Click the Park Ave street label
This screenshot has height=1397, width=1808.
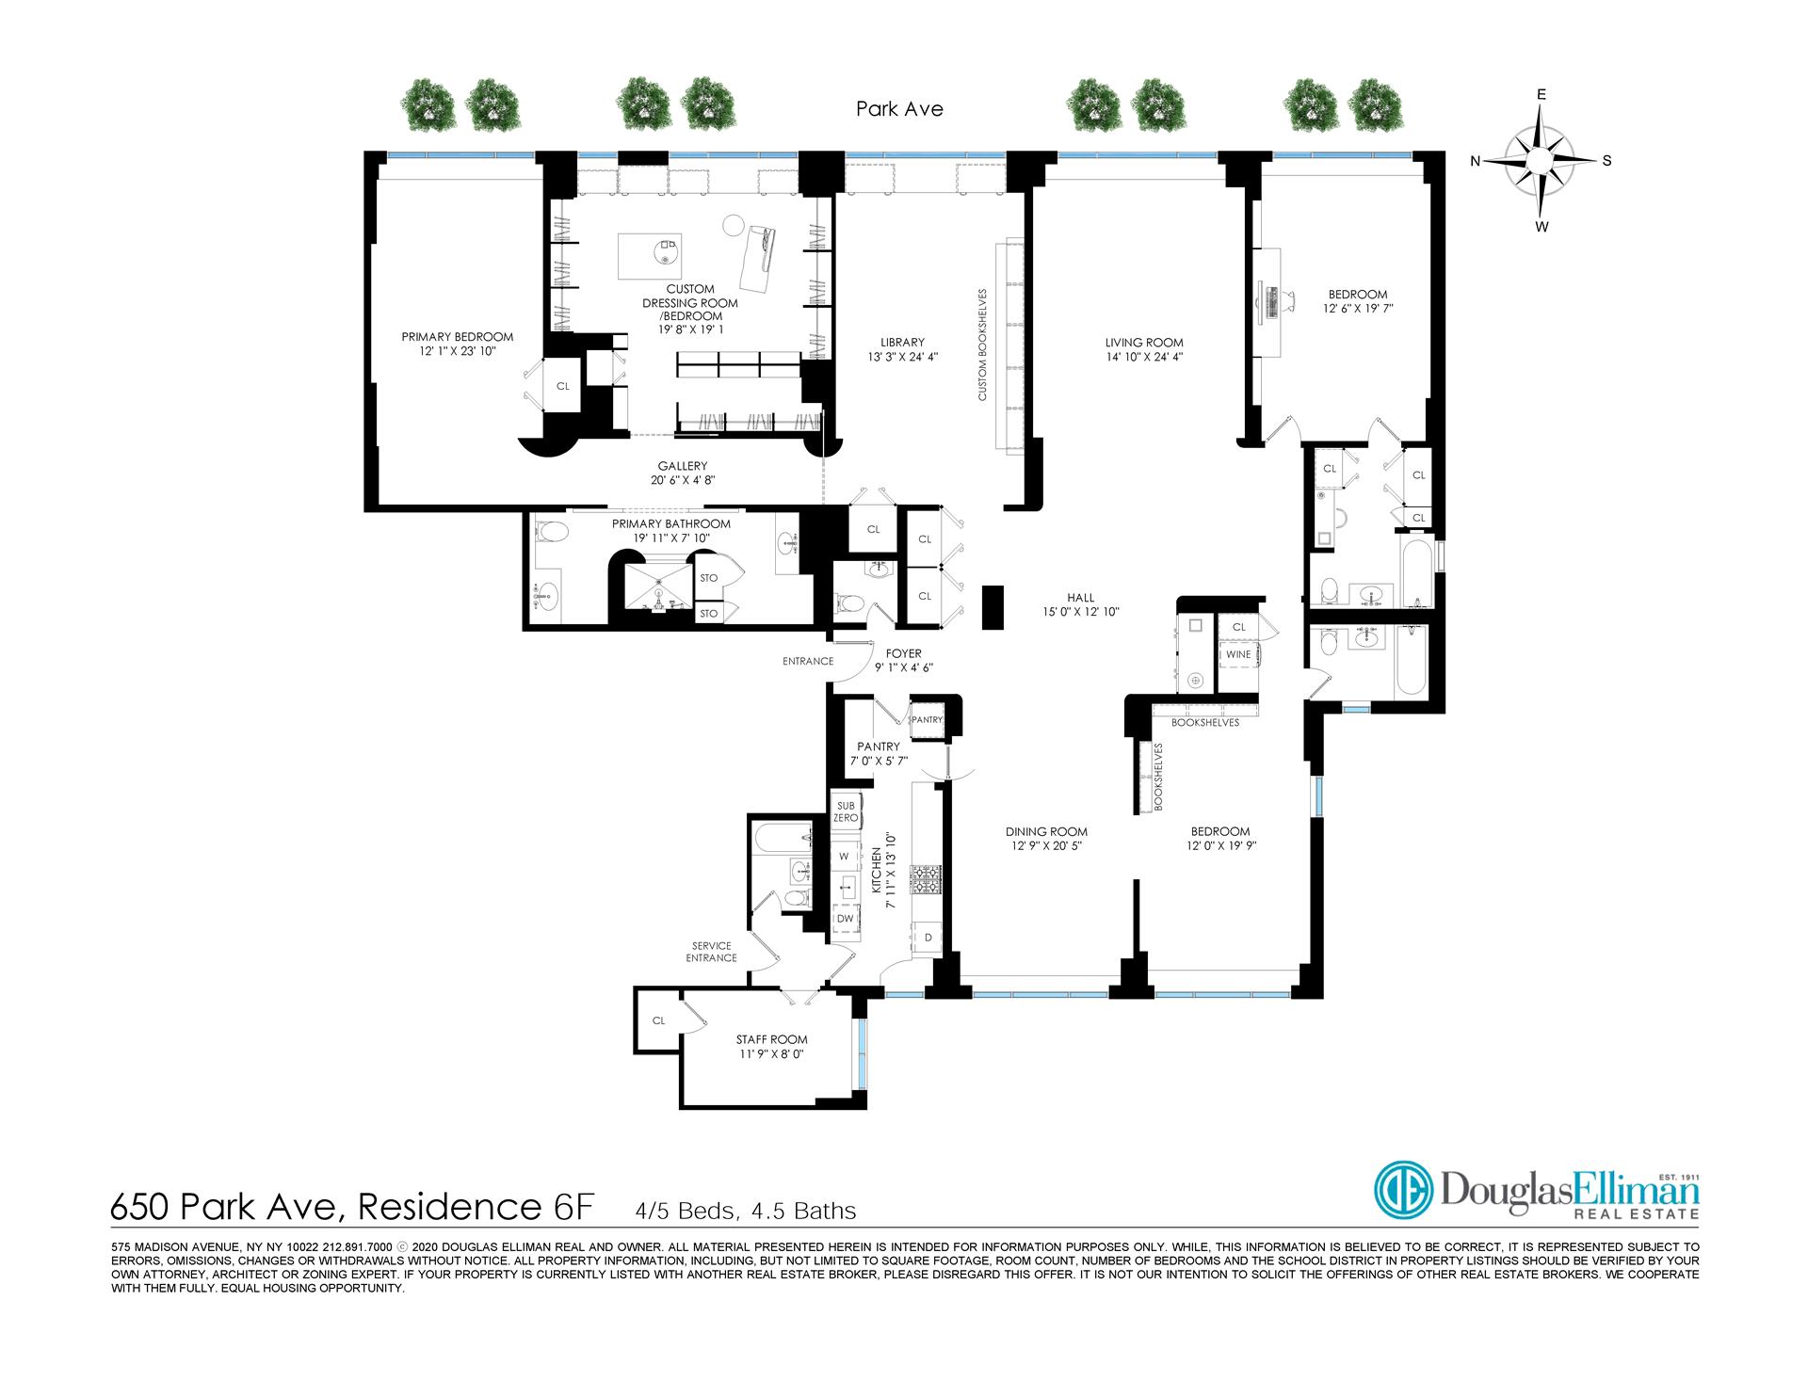899,109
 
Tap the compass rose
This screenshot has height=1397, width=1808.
1541,161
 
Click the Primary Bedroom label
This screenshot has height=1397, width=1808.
458,344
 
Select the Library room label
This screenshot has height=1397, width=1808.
903,349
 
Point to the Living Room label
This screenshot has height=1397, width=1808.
1144,349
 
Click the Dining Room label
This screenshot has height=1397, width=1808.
1046,838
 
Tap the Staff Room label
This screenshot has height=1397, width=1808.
771,1047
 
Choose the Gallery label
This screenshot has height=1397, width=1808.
683,473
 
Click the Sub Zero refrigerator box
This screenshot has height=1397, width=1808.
846,811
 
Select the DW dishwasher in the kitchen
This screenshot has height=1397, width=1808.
846,918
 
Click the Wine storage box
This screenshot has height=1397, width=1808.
1238,654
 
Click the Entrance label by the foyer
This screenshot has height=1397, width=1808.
808,661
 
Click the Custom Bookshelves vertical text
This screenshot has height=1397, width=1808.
982,345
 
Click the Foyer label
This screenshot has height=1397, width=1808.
903,660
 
